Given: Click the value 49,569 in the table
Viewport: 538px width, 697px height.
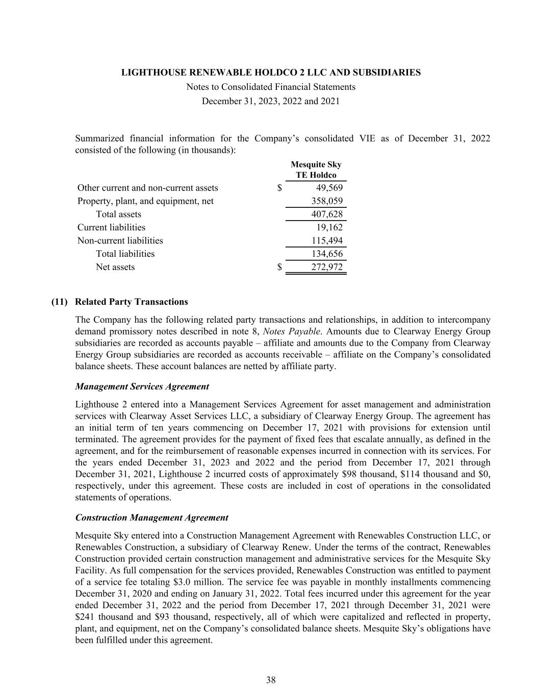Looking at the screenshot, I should click(329, 188).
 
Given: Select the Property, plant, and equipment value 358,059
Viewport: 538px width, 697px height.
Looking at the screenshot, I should click(327, 201).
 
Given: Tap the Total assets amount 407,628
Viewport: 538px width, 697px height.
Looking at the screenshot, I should click(327, 214).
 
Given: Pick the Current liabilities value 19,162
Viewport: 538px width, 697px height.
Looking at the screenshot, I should click(329, 228).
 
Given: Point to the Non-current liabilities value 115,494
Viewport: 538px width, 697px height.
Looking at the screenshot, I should click(327, 241).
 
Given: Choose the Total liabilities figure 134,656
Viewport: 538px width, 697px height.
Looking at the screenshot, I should click(327, 254).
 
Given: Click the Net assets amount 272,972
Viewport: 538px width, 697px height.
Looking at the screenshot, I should click(327, 267).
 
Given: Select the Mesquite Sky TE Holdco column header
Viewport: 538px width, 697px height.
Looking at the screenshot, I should click(316, 170).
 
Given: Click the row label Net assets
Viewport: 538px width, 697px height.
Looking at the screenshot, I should click(115, 267).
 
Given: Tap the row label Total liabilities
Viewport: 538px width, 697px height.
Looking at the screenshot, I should click(125, 254).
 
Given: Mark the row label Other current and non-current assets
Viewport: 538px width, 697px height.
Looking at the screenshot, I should click(147, 188).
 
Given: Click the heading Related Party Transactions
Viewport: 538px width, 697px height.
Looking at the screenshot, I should click(131, 302).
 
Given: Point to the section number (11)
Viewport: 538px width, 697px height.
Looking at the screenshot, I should click(60, 302).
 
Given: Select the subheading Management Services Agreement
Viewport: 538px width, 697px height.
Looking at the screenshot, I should click(142, 387).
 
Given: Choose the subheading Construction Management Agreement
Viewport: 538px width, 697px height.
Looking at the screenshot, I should click(151, 518).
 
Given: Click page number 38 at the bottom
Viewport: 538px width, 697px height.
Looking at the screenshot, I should click(271, 680).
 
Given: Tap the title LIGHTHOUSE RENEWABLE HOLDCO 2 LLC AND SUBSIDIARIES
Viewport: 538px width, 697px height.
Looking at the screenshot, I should click(271, 73).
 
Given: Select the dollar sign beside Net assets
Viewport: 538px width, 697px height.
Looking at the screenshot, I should click(279, 267).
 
